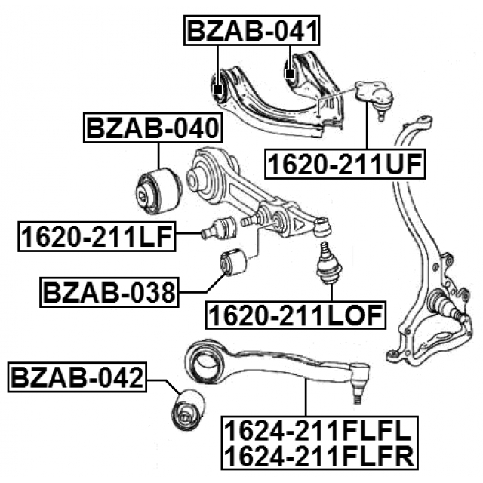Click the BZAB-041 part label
tap(251, 30)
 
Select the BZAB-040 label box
tap(152, 128)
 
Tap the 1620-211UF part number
tap(345, 164)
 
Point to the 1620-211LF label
tap(97, 236)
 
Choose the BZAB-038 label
tap(109, 292)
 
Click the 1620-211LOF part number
tap(295, 315)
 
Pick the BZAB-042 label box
tap(77, 377)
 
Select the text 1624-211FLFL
tap(319, 431)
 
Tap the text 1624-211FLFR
tap(319, 457)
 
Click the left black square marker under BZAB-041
tap(217, 89)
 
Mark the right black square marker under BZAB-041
tap(290, 74)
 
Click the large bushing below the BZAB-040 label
tap(159, 191)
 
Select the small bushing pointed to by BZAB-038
tap(233, 262)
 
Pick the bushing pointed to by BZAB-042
tap(188, 410)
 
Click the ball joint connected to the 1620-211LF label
tap(218, 229)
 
